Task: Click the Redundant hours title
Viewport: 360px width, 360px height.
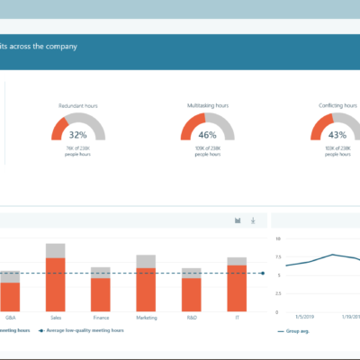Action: [78, 105]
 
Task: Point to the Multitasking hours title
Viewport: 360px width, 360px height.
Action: [208, 105]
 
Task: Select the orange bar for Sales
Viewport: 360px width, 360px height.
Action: [56, 283]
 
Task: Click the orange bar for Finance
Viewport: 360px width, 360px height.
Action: [101, 293]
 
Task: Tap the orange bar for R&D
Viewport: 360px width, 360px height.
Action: [192, 293]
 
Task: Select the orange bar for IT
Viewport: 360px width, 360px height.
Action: [237, 287]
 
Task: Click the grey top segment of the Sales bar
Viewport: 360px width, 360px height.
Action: [56, 250]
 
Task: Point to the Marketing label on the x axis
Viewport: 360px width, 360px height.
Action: [146, 317]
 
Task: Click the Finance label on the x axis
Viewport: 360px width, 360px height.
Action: [101, 317]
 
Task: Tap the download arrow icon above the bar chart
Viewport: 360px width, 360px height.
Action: [253, 220]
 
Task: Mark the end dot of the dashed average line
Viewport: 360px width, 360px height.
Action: [263, 273]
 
